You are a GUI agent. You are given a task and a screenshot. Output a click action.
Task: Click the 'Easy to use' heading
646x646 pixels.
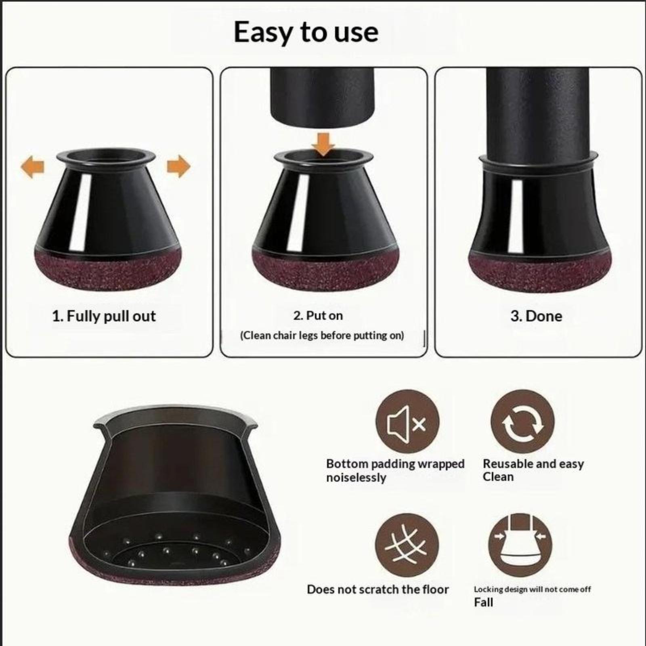(x=306, y=32)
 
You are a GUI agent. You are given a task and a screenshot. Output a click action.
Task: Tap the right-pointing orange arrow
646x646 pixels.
(x=178, y=166)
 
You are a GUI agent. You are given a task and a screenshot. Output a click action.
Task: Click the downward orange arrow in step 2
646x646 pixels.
(x=323, y=144)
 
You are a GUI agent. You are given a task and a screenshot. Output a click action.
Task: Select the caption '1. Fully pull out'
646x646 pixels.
(x=104, y=316)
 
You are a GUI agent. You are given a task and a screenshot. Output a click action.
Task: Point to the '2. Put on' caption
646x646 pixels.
(x=318, y=315)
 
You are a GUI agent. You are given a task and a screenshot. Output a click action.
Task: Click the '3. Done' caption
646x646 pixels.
(x=536, y=316)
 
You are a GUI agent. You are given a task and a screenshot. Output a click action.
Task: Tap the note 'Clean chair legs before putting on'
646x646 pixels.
(x=322, y=336)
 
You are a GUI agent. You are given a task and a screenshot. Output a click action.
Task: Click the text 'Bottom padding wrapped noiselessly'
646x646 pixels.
(x=395, y=470)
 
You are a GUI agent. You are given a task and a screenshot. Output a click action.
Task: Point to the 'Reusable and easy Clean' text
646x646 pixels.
(x=533, y=470)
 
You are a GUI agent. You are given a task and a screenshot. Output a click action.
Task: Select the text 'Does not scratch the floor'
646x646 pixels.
(x=378, y=589)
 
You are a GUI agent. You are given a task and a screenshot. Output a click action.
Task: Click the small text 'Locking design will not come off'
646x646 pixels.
(x=532, y=589)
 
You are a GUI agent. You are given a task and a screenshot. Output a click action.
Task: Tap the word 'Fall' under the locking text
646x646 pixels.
(x=484, y=602)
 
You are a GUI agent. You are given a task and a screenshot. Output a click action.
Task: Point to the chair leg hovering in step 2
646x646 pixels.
(x=323, y=95)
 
